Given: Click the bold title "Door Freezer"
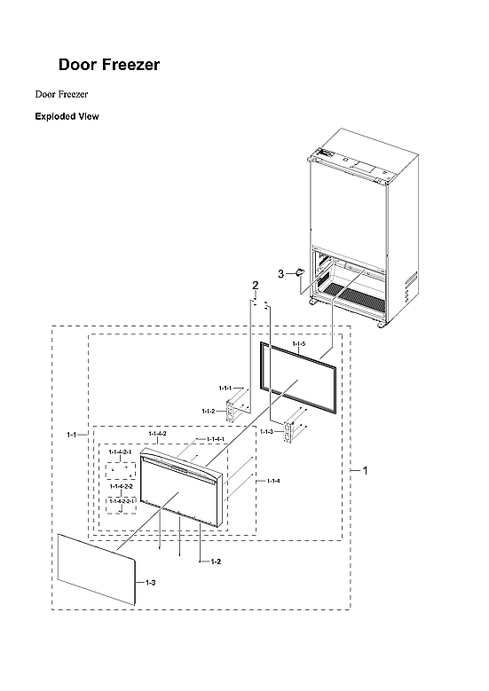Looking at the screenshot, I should (108, 65).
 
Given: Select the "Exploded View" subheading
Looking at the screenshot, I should (67, 116).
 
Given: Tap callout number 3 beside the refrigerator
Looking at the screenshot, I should (281, 274).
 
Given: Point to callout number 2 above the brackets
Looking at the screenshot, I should (255, 285).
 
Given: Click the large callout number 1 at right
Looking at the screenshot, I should (365, 470).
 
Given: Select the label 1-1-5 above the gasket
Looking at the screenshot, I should (298, 343).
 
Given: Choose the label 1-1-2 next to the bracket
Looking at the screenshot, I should (209, 411).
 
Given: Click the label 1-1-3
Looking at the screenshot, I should (266, 431).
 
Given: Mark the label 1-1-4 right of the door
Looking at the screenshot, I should (273, 481).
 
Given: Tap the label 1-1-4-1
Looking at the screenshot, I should (216, 439).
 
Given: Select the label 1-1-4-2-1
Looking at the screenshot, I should (120, 452).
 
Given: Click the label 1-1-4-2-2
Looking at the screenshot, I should (121, 486).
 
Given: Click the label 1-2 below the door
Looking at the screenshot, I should (216, 562).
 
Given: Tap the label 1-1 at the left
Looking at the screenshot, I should (73, 435).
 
